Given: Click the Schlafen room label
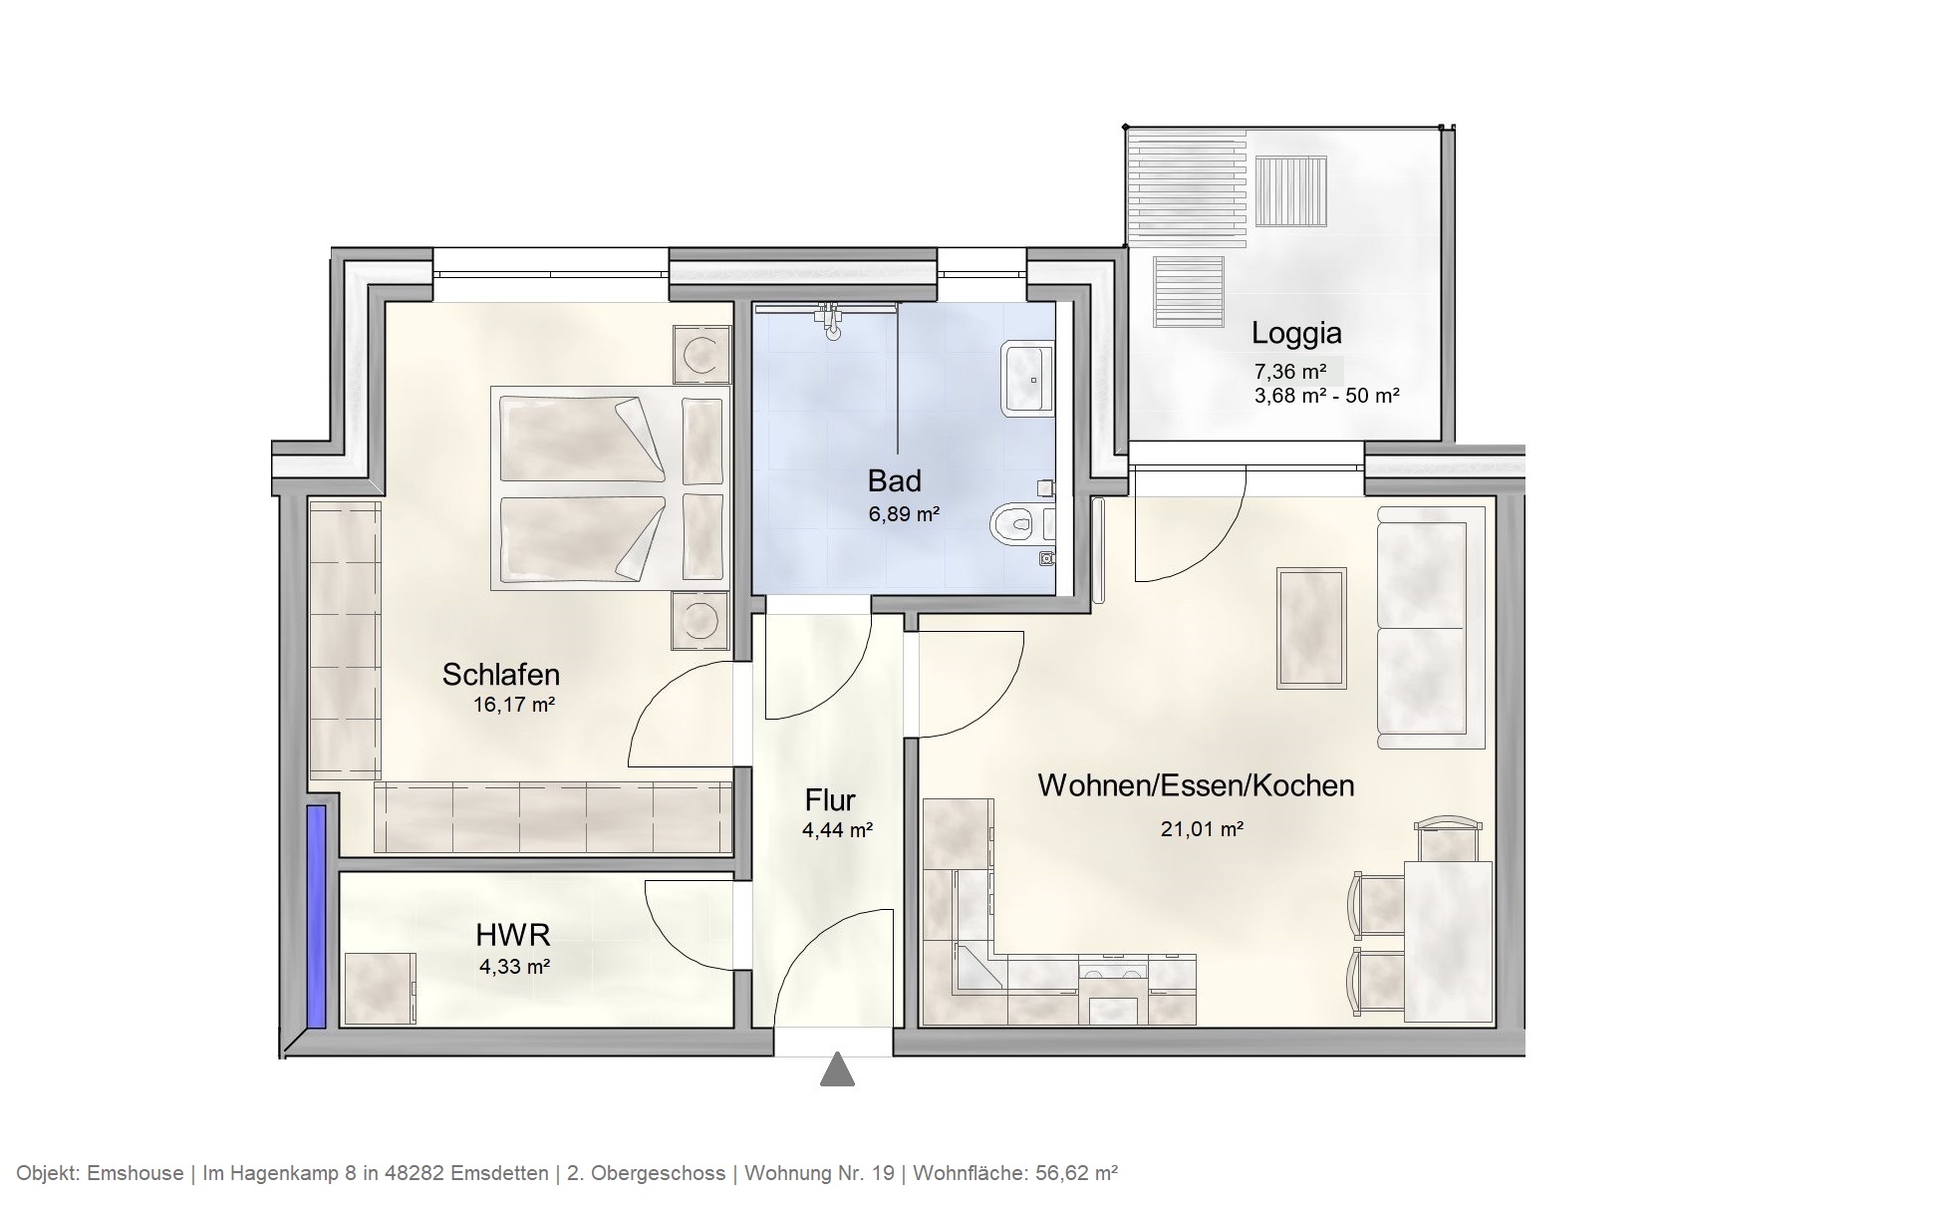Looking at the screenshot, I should pos(500,675).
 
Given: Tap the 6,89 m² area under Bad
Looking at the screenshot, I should pos(904,514).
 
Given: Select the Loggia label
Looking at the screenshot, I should pos(1295,333).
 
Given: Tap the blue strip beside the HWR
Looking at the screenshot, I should pos(316,916).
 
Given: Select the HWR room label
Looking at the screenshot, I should pos(512,935).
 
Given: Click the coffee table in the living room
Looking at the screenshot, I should pos(1311,627).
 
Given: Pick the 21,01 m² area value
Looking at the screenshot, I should pos(1201,829).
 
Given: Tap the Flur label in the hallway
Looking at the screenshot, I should pos(830,800).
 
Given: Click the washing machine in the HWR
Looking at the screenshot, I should pos(380,988).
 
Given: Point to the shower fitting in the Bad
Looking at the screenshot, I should pos(830,319).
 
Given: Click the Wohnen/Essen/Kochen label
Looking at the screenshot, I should pos(1196,785).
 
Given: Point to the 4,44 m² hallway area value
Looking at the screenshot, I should pos(837,829).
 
